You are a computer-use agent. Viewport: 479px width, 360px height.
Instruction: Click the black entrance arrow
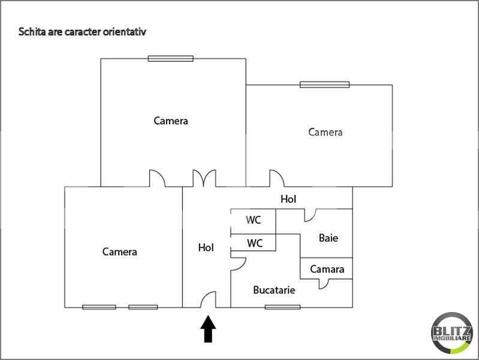[208, 329]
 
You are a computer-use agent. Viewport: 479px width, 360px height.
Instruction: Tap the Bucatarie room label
[274, 290]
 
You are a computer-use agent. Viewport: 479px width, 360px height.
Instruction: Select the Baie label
[328, 238]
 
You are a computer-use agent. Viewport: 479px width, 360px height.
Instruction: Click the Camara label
[327, 269]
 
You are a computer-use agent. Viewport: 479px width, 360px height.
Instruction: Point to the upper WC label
[254, 220]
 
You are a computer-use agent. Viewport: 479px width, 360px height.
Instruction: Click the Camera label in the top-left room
[171, 121]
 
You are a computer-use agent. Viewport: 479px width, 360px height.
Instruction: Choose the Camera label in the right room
[325, 132]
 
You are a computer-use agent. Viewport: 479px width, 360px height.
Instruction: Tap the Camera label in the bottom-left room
[119, 252]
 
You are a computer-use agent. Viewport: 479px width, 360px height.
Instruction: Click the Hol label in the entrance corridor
[206, 247]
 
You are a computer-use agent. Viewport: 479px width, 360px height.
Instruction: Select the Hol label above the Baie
[289, 199]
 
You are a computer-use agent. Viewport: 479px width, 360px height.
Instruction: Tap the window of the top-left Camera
[171, 59]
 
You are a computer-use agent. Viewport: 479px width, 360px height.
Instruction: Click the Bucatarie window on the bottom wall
[282, 307]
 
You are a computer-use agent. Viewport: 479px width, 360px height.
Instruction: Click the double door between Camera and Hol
[204, 178]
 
